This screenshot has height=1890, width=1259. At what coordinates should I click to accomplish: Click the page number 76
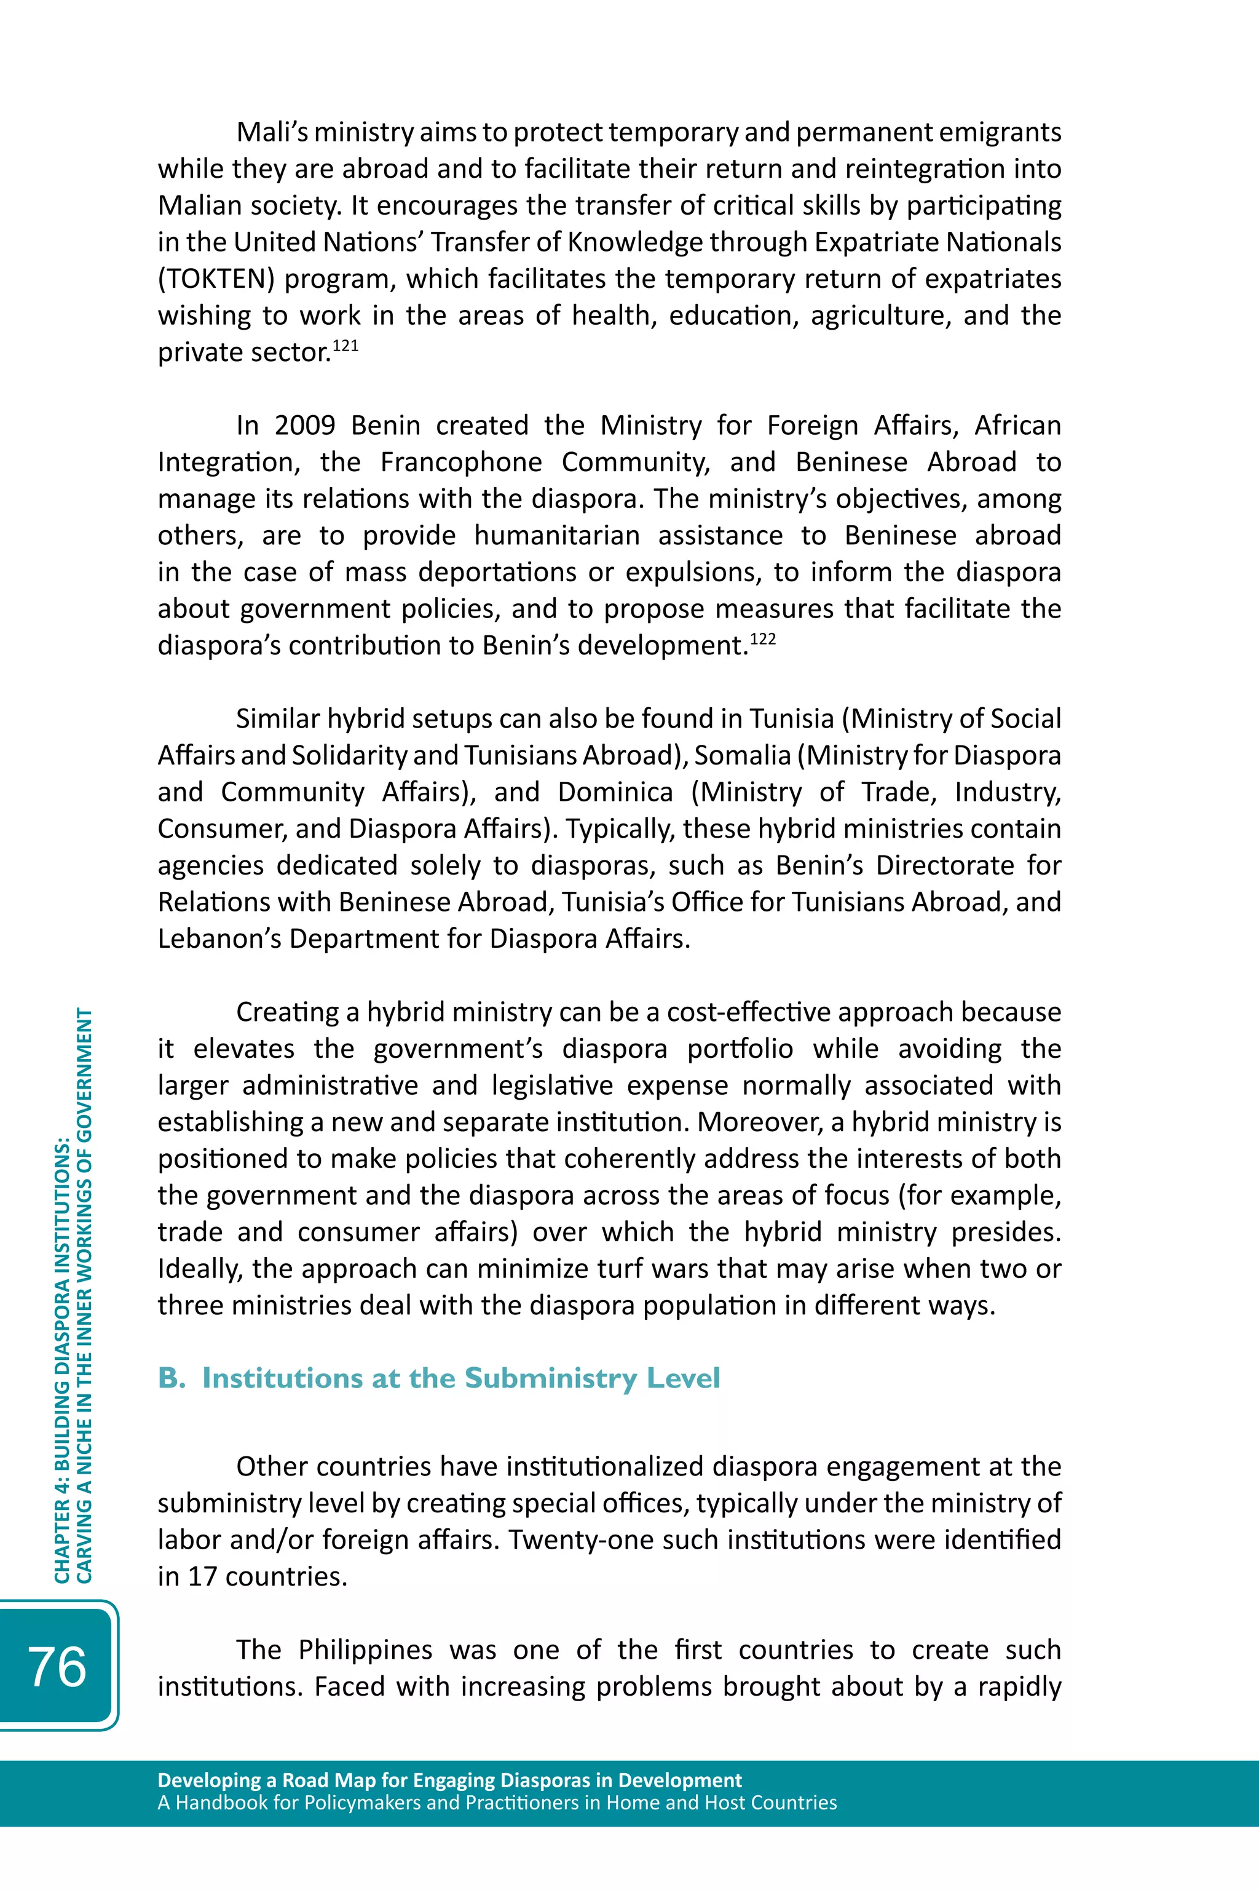coord(57,1667)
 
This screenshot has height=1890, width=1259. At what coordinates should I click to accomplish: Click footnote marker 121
coord(345,346)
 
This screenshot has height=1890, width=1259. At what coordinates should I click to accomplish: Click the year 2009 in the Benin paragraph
coord(304,425)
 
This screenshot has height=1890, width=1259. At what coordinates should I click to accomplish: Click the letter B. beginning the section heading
coord(172,1378)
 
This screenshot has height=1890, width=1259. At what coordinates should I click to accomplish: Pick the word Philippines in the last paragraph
coord(365,1650)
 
